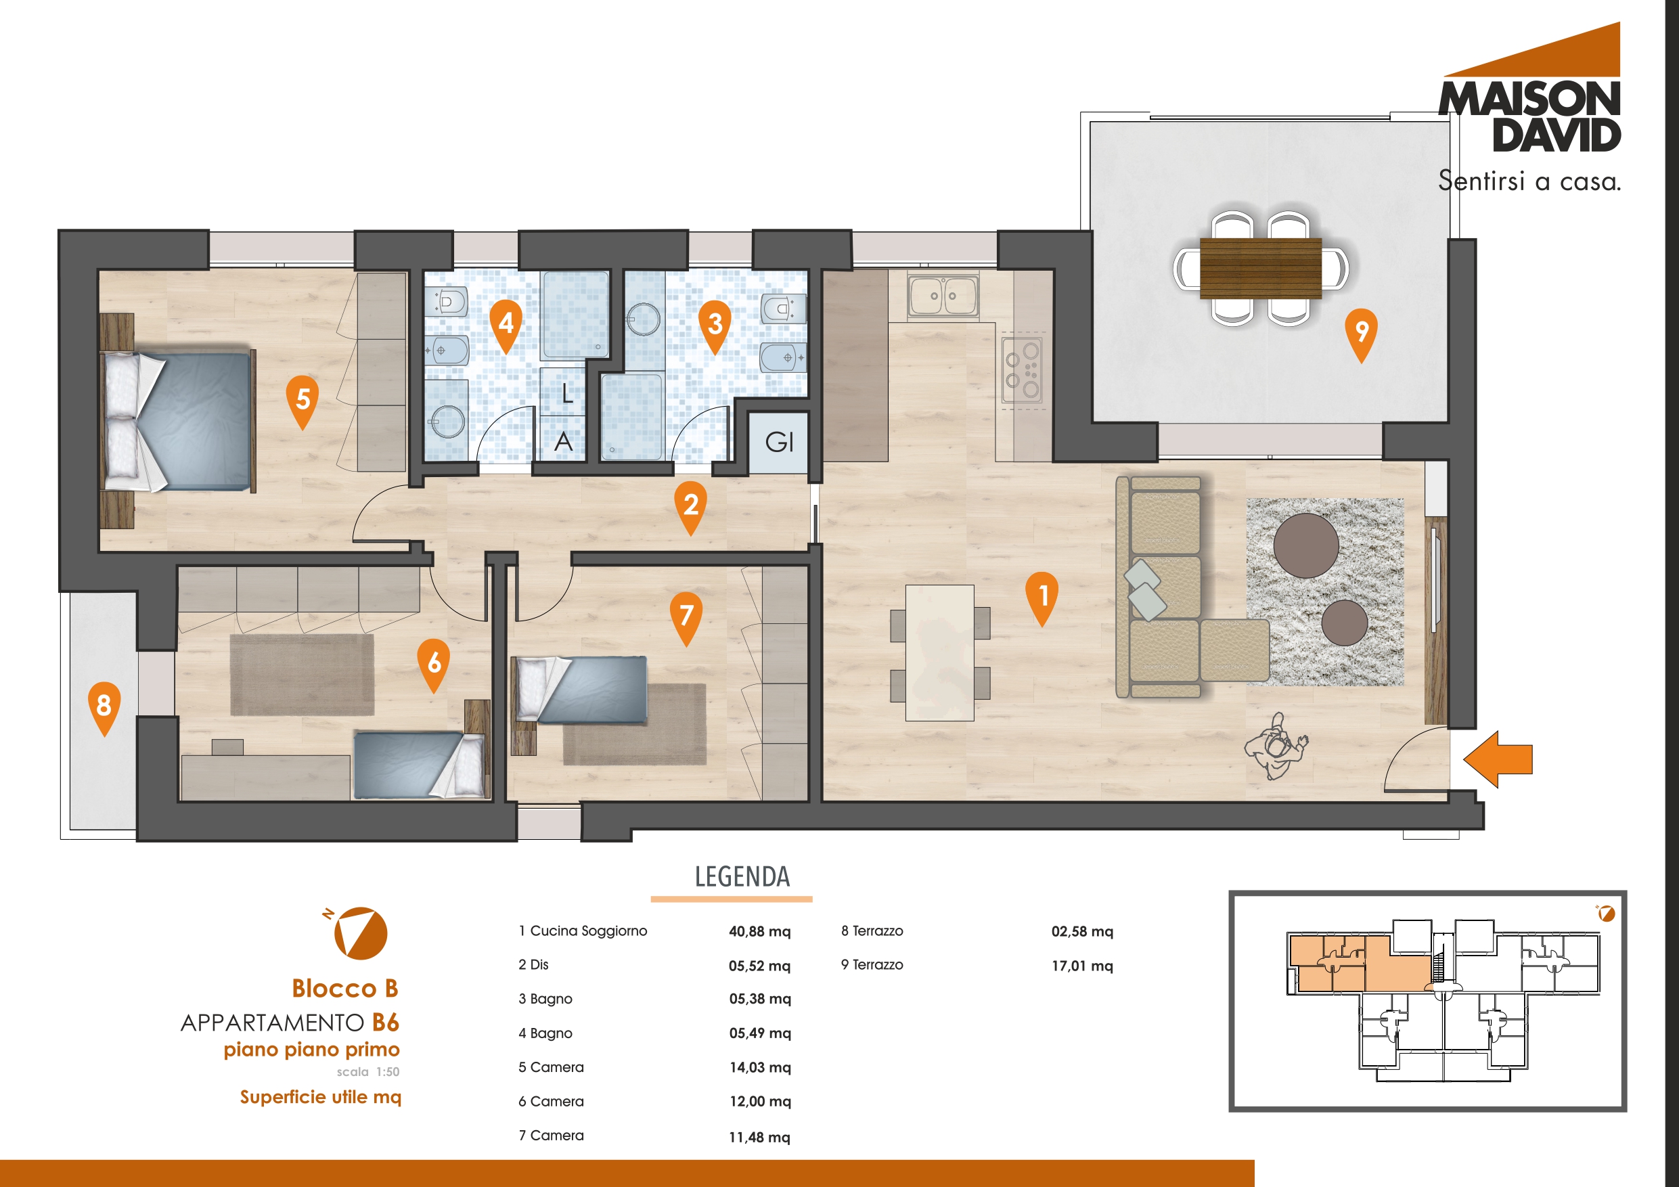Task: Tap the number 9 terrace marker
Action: pos(1361,335)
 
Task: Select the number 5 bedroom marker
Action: pos(302,402)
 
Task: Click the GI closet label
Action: pos(779,442)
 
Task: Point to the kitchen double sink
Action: pos(943,296)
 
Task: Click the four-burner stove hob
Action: pos(1022,371)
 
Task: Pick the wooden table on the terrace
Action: pos(1261,268)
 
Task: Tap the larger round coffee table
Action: pos(1306,545)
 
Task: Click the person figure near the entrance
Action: pos(1276,746)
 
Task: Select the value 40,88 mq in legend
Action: pos(760,932)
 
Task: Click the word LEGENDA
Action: pos(742,876)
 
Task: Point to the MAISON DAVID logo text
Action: pos(1530,117)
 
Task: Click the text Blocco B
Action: pos(345,988)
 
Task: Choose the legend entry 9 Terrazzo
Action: pos(872,964)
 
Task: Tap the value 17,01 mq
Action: pos(1082,966)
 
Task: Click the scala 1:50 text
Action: pos(368,1071)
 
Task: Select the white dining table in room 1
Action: pos(940,652)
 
